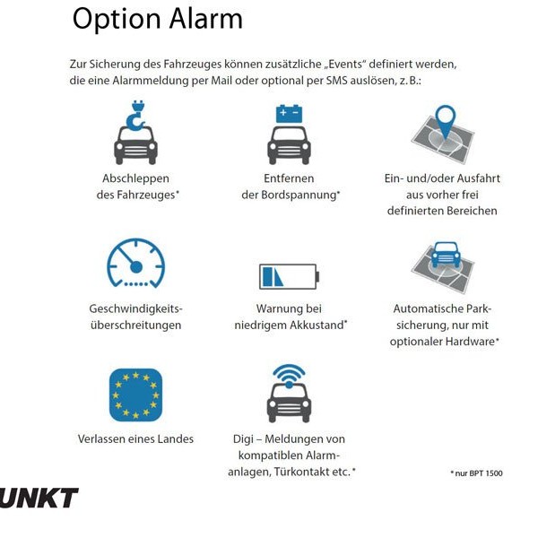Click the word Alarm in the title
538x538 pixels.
198,20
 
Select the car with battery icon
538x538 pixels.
289,134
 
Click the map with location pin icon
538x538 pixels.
442,134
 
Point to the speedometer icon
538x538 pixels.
135,263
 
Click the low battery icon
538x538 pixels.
289,275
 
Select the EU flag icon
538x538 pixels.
135,395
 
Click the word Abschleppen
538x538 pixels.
135,178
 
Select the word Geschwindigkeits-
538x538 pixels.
135,308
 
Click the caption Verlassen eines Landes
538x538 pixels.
135,439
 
